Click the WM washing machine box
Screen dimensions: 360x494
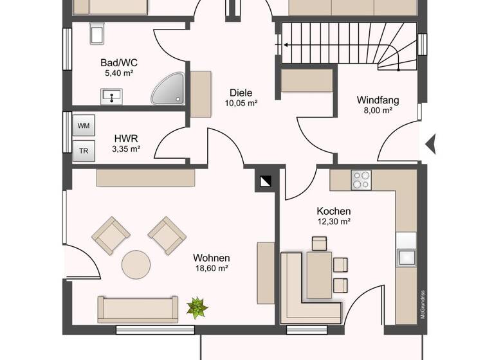click(x=84, y=125)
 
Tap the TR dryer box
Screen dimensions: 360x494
click(x=84, y=151)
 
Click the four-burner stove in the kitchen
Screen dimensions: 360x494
click(x=361, y=179)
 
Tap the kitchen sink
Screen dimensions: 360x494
click(x=407, y=257)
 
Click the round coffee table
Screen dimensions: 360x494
click(x=136, y=264)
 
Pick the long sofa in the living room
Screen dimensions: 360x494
click(x=137, y=309)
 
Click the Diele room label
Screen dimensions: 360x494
click(x=241, y=93)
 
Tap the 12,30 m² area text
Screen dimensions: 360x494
click(x=333, y=222)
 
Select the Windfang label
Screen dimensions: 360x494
click(x=378, y=100)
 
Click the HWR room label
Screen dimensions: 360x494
click(x=125, y=138)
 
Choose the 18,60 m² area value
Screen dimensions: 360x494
click(x=212, y=269)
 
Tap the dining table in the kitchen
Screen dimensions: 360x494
click(x=319, y=275)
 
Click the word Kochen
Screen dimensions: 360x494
click(x=333, y=211)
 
